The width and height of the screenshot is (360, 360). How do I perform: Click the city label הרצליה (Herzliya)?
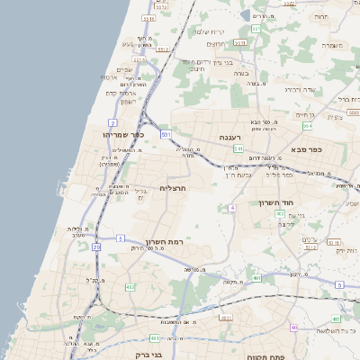(172, 189)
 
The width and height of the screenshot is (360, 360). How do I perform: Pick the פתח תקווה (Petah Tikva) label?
(265, 357)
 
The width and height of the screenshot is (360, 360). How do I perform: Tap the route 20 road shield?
(97, 259)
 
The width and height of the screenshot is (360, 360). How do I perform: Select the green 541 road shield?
(238, 148)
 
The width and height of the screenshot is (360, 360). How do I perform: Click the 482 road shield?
(130, 287)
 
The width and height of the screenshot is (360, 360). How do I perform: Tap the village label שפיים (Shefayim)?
(124, 69)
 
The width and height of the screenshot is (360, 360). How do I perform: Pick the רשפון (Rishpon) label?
(127, 101)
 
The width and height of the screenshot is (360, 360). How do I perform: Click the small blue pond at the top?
(245, 15)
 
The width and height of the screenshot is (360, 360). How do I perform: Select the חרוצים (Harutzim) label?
(215, 43)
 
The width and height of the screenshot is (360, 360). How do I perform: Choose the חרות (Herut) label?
(322, 17)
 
